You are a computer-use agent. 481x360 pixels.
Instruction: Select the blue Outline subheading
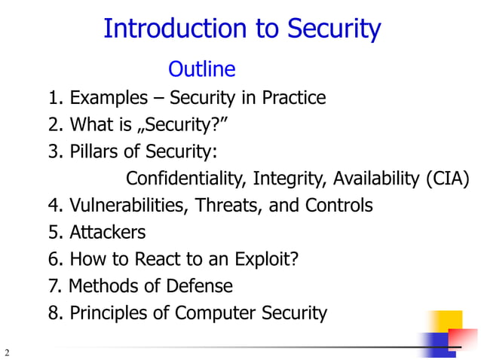coord(201,70)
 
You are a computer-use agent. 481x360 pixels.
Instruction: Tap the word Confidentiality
coord(186,178)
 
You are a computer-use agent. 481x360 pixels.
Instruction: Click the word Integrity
coord(290,178)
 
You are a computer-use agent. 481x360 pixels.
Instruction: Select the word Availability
coord(376,178)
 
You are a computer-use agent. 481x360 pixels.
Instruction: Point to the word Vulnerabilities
coord(130,205)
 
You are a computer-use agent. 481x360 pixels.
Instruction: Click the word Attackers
coord(107,232)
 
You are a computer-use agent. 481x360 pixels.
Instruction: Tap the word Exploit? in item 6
coord(268,259)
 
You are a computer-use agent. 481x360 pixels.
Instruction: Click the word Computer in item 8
coord(209,313)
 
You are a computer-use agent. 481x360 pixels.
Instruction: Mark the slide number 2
coord(7,352)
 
